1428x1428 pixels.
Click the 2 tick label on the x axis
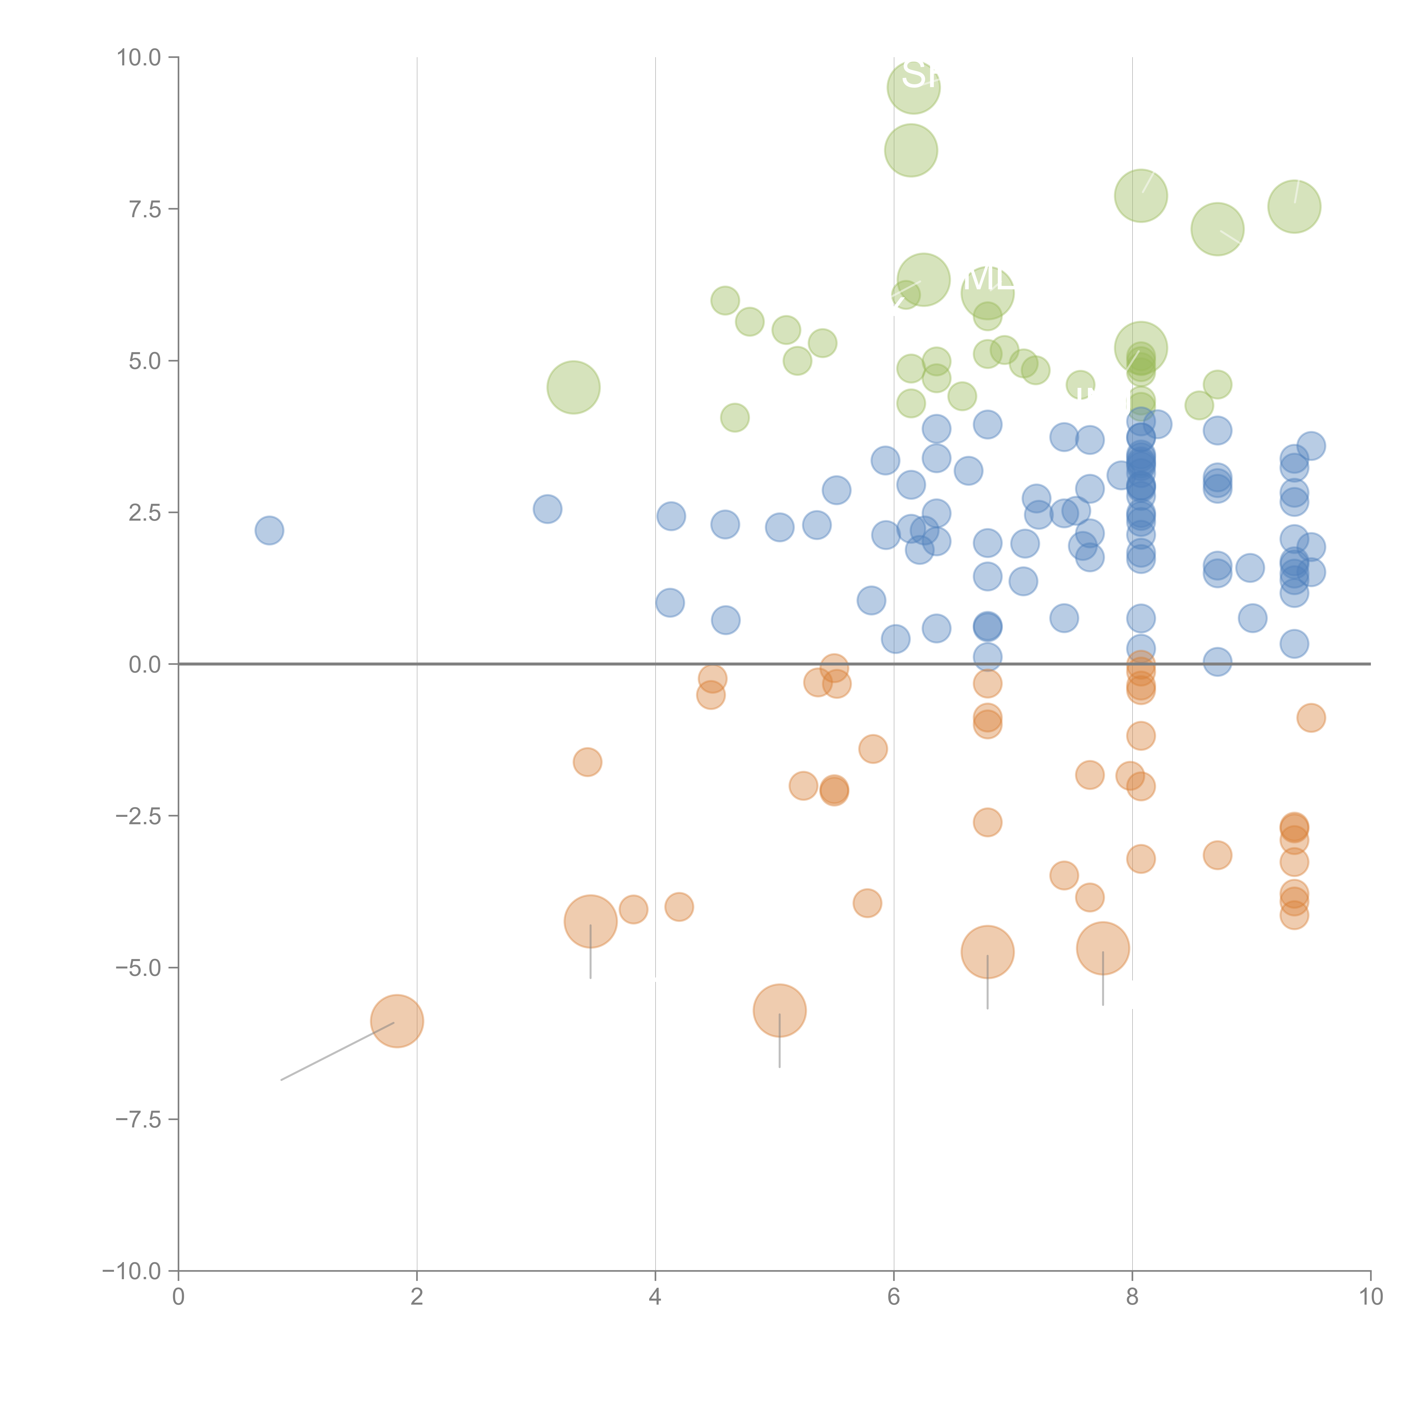417,1297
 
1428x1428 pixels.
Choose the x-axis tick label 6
894,1297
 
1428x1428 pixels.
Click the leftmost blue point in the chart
269,530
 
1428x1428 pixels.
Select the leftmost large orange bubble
397,1021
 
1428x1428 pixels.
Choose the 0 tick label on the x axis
178,1297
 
